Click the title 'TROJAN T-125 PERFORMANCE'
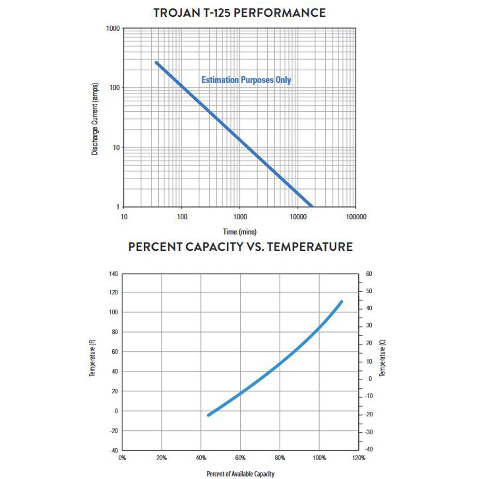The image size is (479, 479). pos(240,13)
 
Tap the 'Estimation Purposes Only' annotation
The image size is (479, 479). pos(246,80)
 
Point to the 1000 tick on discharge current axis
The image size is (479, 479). pos(113,28)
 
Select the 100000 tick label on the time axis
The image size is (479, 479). pos(356,217)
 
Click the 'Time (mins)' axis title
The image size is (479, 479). pos(240,232)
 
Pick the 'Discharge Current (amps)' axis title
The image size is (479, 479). pos(95,119)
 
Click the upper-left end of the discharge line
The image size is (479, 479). pos(156,63)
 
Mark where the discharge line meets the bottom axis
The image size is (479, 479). pos(312,206)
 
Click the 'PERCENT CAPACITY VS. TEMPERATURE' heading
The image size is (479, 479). pos(240,247)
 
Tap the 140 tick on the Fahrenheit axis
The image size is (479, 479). pos(113,274)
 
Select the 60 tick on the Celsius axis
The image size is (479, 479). pos(369,274)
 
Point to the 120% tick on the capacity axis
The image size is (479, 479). pos(359,458)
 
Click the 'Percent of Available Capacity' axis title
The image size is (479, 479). pos(240,474)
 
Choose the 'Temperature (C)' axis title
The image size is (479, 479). pos(382,358)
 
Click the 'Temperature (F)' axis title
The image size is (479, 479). pos(92,358)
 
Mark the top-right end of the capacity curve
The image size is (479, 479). pos(341,302)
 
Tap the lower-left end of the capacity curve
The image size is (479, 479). pos(209,415)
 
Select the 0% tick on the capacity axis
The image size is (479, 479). pos(122,458)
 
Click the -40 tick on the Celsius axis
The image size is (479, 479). pos(369,449)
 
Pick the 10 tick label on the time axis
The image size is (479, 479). pos(124,217)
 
